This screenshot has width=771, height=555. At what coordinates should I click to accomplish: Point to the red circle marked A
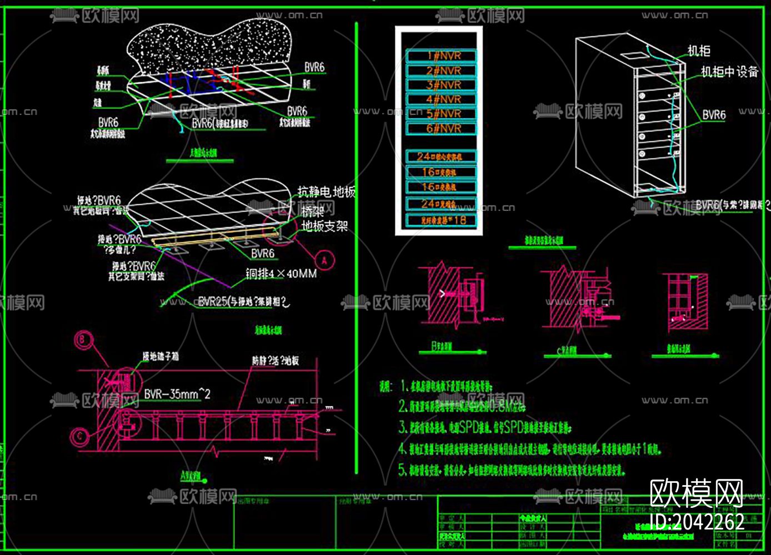tap(324, 260)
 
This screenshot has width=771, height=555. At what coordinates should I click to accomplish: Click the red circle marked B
tap(84, 340)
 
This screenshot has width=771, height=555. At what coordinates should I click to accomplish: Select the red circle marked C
tap(81, 436)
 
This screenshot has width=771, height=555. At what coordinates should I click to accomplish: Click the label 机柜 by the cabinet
tap(699, 51)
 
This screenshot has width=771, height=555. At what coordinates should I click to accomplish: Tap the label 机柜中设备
tap(729, 72)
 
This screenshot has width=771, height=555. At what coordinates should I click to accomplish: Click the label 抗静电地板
tap(326, 192)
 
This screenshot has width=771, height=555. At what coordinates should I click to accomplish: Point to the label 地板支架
tap(324, 226)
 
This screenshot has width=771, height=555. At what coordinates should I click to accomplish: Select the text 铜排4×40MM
tap(281, 274)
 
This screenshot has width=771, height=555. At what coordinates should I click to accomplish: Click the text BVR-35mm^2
tap(177, 394)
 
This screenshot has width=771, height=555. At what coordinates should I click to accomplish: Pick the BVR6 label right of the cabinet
tap(714, 115)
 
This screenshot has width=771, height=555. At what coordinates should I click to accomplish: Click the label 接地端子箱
tap(160, 357)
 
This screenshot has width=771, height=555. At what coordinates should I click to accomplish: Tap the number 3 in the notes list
tap(403, 427)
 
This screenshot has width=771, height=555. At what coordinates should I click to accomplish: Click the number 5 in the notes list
tap(403, 470)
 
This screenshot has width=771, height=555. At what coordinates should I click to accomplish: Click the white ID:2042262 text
tap(697, 522)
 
